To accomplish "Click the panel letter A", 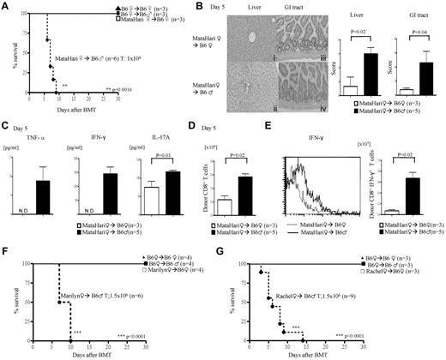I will pos(6,7).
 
